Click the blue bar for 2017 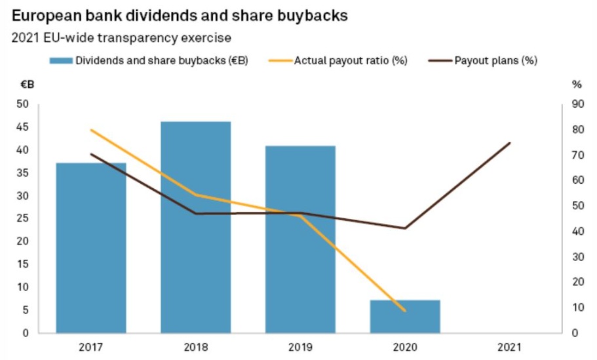pyautogui.click(x=91, y=247)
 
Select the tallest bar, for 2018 pyautogui.click(x=196, y=227)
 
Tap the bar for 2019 pyautogui.click(x=300, y=239)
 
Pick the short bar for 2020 pyautogui.click(x=405, y=316)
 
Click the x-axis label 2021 pyautogui.click(x=509, y=346)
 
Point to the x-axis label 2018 pyautogui.click(x=196, y=346)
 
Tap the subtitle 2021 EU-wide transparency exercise pyautogui.click(x=121, y=37)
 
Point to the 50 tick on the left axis pyautogui.click(x=23, y=104)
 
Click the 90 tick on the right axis pyautogui.click(x=577, y=104)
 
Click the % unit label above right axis pyautogui.click(x=577, y=84)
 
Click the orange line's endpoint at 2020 pyautogui.click(x=405, y=311)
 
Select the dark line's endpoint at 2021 pyautogui.click(x=509, y=142)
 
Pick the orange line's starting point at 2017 pyautogui.click(x=91, y=130)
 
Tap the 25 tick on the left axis pyautogui.click(x=23, y=218)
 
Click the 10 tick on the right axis pyautogui.click(x=577, y=308)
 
